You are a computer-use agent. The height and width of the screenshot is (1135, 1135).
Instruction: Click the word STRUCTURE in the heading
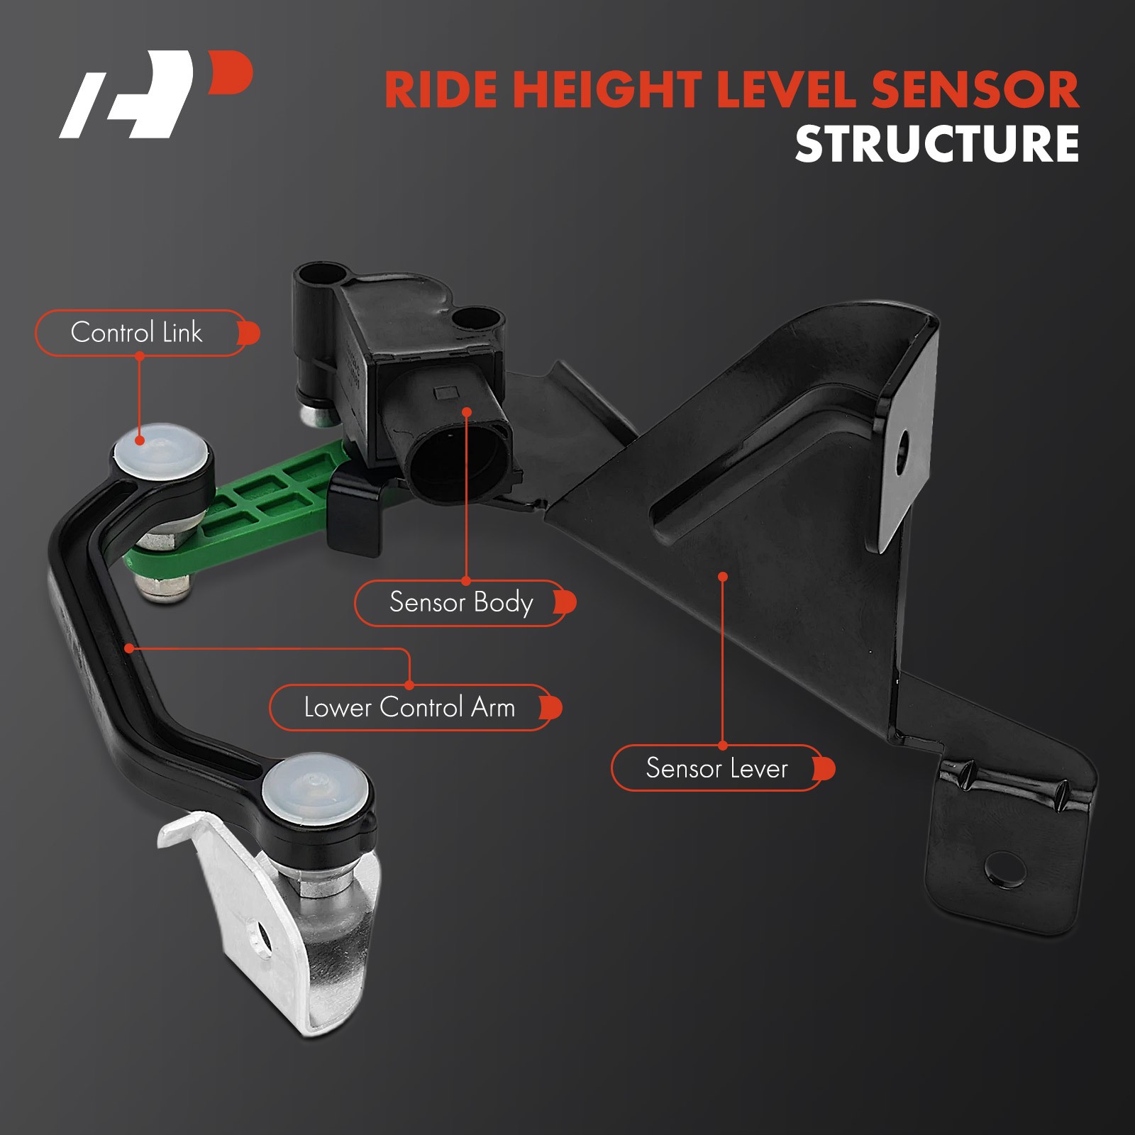pyautogui.click(x=937, y=144)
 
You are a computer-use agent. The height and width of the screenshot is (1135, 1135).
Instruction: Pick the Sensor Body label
pyautogui.click(x=461, y=603)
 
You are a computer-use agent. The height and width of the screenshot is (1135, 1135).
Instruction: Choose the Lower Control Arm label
pyautogui.click(x=410, y=707)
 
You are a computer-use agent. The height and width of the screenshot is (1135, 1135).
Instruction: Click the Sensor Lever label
pyautogui.click(x=717, y=768)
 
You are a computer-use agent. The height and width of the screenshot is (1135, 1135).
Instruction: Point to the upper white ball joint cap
pyautogui.click(x=162, y=450)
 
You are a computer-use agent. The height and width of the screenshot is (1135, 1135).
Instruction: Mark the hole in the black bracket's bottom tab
pyautogui.click(x=1005, y=869)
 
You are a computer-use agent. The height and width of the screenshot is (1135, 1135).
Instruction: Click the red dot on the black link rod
pyautogui.click(x=129, y=648)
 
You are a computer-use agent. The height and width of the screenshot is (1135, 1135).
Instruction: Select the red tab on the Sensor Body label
pyautogui.click(x=565, y=603)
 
